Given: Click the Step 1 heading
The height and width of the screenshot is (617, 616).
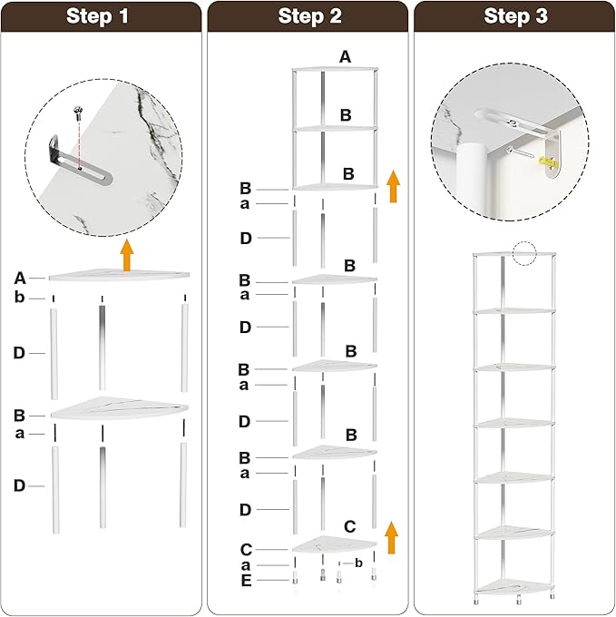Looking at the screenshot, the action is coord(97,16).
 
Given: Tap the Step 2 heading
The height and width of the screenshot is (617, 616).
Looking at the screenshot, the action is coord(309,16).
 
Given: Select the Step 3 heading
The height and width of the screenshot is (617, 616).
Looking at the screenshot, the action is coord(515,16).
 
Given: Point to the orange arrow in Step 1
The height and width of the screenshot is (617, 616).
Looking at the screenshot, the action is coord(127,255).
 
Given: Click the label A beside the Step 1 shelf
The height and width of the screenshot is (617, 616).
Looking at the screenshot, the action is coord(20,279).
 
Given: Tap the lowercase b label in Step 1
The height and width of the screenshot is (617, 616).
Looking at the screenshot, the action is coord(19,298).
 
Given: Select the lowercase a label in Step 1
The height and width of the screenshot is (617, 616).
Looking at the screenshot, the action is coord(20,434).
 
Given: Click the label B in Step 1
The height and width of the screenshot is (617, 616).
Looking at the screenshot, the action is coord(19,416).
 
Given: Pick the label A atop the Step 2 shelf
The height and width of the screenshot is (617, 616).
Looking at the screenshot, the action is coord(345,57).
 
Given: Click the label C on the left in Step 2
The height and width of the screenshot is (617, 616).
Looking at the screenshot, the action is coord(246,549).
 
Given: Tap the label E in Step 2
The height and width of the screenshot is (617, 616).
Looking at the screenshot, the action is coord(246,581).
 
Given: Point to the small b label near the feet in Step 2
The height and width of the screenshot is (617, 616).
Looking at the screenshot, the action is coord(358,563).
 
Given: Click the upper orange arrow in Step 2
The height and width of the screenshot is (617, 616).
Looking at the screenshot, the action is coord(393,186).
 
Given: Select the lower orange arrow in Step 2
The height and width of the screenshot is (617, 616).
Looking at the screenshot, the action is coord(391,537).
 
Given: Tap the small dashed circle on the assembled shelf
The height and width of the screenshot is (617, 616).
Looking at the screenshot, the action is coord(524,254).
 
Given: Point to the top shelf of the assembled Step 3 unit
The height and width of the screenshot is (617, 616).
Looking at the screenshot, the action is coord(514,254).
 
